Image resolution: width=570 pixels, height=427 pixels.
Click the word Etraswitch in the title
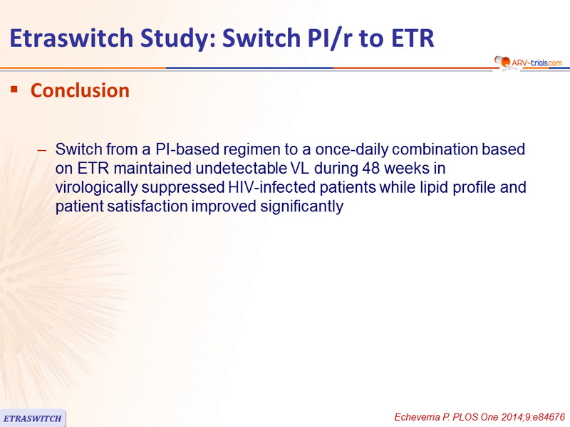71,38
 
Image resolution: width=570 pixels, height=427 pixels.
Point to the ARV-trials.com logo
528,62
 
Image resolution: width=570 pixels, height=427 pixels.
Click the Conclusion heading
80,90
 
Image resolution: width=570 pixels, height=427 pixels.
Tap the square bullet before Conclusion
14,89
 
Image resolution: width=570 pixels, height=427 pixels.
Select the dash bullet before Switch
42,150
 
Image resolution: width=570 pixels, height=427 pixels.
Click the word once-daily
352,149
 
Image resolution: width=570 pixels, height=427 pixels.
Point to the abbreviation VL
300,169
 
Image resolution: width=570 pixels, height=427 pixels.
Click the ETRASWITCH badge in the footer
33,418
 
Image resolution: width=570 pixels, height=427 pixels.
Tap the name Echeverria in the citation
417,417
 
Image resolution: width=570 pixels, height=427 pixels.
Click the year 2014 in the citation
512,417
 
